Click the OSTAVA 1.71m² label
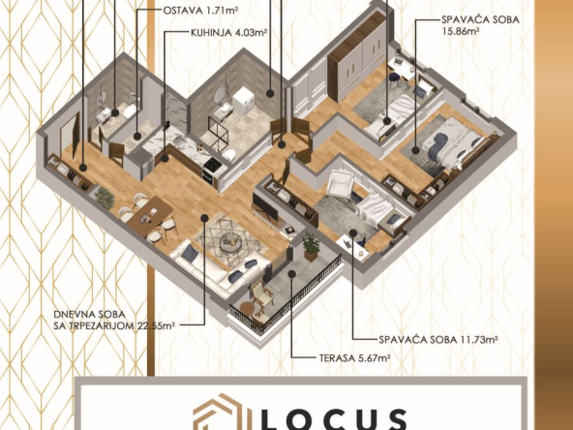(200, 10)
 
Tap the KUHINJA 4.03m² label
(229, 33)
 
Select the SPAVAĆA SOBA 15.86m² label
(480, 25)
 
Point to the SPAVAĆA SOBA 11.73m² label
(438, 340)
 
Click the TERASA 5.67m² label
(355, 358)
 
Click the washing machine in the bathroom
(244, 100)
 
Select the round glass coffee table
(229, 243)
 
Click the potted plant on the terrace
(311, 246)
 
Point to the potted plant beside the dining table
(106, 199)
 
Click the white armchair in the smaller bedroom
(341, 184)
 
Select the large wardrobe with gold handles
(356, 57)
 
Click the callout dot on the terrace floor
(291, 274)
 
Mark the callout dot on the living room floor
(204, 218)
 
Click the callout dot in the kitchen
(165, 158)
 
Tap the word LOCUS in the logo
(334, 419)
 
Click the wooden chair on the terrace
(261, 296)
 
